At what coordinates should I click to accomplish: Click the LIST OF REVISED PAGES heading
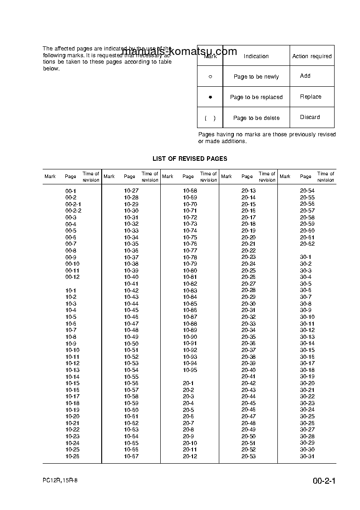[190, 158]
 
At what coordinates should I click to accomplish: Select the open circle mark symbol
[210, 77]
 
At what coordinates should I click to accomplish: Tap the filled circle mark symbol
[210, 97]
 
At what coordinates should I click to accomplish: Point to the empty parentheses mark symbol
[210, 118]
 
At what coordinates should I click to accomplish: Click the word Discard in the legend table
[310, 117]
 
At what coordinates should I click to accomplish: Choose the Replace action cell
[311, 97]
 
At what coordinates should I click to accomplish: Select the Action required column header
[312, 56]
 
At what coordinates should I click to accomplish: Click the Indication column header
[256, 56]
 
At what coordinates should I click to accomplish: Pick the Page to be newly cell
[256, 77]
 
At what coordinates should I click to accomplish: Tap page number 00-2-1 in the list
[73, 204]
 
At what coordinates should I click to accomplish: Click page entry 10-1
[71, 290]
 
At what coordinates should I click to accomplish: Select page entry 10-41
[131, 284]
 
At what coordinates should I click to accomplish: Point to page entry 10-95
[190, 370]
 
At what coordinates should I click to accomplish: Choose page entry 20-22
[248, 251]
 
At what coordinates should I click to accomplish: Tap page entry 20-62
[307, 244]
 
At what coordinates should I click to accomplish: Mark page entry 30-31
[307, 456]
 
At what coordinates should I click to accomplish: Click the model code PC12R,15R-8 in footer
[61, 481]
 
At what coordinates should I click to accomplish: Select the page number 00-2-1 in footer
[324, 481]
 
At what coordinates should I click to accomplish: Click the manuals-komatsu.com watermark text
[179, 51]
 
